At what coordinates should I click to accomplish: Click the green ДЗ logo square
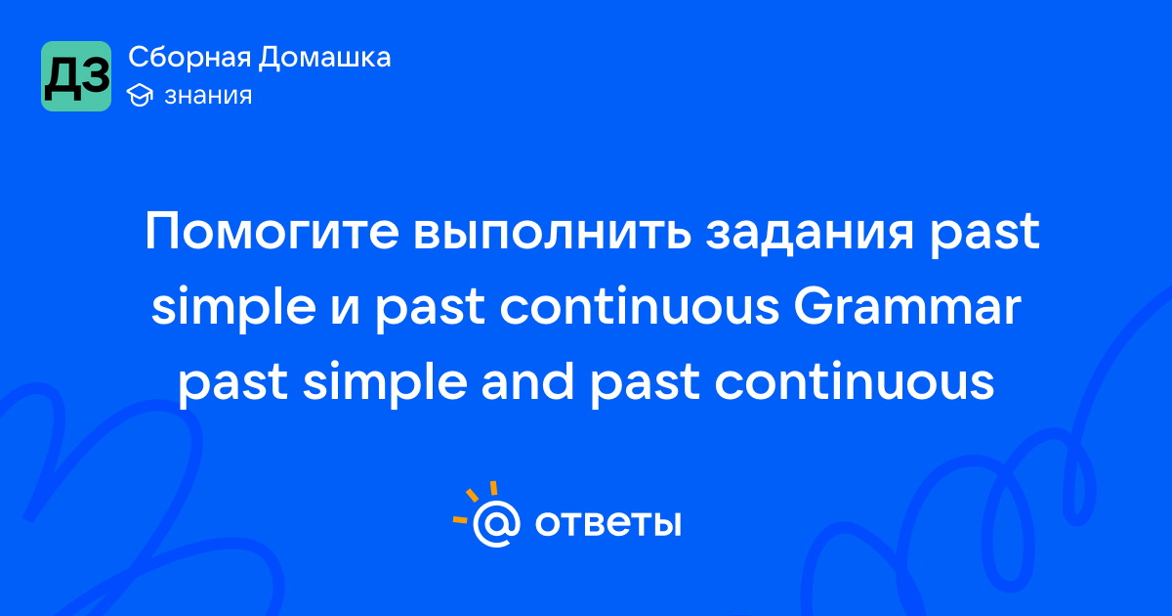(x=76, y=76)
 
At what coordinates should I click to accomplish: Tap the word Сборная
(x=189, y=58)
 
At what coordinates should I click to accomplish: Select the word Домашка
(x=324, y=57)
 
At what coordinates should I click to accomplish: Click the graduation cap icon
(x=140, y=96)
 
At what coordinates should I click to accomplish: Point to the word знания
(x=208, y=96)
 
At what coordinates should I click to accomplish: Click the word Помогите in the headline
(x=272, y=232)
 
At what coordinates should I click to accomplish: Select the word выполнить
(x=553, y=232)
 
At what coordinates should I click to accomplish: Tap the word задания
(x=810, y=232)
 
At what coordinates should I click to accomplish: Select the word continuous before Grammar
(x=640, y=306)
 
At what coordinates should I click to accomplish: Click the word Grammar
(x=907, y=306)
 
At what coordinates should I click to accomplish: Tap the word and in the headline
(x=527, y=381)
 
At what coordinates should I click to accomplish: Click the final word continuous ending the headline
(x=854, y=381)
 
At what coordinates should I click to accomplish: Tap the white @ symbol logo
(x=496, y=523)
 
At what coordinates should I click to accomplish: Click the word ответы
(x=607, y=523)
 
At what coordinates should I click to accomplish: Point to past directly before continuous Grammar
(x=430, y=310)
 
